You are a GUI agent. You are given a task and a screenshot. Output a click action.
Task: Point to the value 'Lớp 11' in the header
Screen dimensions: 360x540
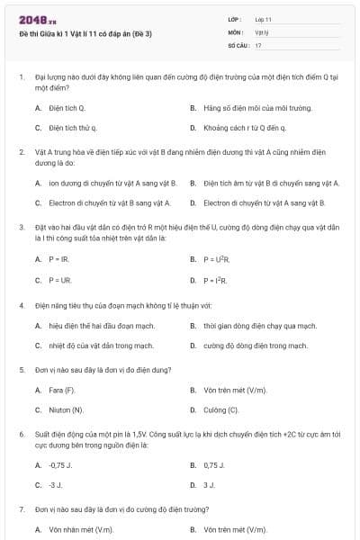pos(263,19)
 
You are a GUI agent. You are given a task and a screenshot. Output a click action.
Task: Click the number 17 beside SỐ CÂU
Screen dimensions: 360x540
pos(258,44)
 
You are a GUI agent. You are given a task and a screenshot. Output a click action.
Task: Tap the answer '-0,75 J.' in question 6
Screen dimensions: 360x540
pos(61,464)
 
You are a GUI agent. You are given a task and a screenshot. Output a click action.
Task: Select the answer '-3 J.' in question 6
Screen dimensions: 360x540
pos(56,485)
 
